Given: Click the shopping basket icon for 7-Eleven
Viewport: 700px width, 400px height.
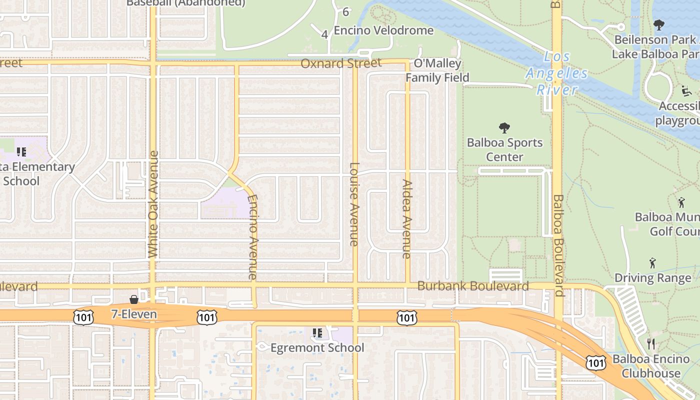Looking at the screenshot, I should (134, 299).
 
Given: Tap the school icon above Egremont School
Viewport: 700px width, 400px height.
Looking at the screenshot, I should (317, 332).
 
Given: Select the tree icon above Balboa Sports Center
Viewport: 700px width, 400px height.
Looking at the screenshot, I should (504, 128).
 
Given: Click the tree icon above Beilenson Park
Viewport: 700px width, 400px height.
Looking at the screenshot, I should (659, 24).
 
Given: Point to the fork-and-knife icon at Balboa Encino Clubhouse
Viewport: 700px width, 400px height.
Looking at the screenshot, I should (650, 343).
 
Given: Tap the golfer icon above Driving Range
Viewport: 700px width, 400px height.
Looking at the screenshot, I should (652, 263).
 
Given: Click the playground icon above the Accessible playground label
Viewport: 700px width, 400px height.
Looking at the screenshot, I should (686, 91).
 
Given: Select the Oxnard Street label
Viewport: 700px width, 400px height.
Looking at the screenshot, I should (340, 63).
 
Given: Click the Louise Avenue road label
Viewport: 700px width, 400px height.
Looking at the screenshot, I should (354, 204).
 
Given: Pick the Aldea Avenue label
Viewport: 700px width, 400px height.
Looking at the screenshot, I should (406, 219).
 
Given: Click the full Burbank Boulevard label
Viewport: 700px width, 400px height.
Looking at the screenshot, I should (473, 286).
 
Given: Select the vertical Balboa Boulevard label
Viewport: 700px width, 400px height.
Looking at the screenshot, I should (558, 245).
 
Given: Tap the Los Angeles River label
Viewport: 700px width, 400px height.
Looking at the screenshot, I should (556, 73).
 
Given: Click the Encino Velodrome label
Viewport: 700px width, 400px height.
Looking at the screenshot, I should (383, 30).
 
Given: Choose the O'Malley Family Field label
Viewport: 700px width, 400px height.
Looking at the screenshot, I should (437, 70).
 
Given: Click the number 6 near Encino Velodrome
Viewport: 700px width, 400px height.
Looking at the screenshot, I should (345, 12).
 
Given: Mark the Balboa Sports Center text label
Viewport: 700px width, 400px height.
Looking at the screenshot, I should (504, 149).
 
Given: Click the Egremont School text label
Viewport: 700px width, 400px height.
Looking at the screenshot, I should (317, 347).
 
